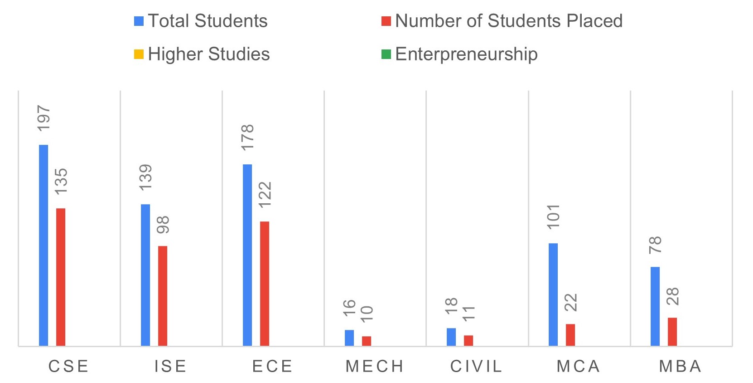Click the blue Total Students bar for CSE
[43, 245]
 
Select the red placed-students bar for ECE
[265, 284]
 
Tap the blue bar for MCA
[553, 295]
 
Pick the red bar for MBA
[672, 332]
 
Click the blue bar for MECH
[349, 338]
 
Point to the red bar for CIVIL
[468, 340]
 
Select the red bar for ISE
[163, 296]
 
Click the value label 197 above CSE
[44, 118]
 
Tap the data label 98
[163, 225]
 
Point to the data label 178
[248, 137]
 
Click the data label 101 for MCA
[554, 216]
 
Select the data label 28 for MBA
[673, 296]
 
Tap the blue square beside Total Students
[139, 21]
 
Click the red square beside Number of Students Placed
[386, 21]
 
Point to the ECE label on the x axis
[272, 366]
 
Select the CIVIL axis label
[476, 366]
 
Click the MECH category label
[375, 366]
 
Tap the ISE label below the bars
[170, 366]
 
